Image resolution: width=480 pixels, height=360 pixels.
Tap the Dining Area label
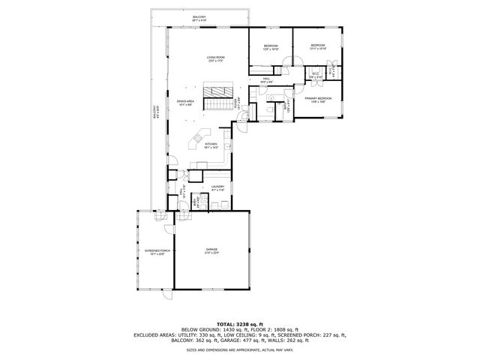185,103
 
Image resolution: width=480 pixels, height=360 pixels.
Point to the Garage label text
211,251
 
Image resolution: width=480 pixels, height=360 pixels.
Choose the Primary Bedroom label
318,99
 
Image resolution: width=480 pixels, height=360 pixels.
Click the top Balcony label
199,17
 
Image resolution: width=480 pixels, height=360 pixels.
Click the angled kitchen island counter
202,136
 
